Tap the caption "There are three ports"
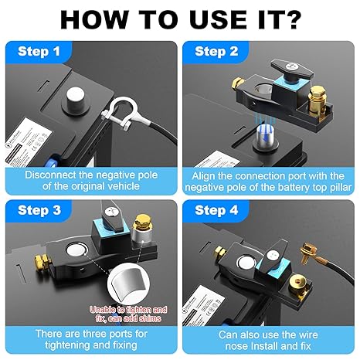(90, 338)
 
